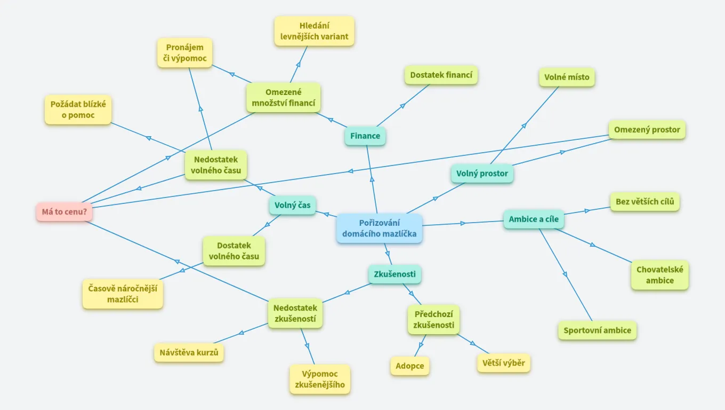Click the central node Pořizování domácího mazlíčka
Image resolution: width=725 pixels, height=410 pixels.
point(379,228)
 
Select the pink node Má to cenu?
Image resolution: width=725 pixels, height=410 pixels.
point(64,212)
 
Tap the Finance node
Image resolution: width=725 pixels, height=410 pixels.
point(365,136)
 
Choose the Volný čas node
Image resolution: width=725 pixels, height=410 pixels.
point(293,205)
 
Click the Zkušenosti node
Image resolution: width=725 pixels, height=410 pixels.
point(394,274)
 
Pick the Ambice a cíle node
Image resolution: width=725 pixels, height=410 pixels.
point(534,219)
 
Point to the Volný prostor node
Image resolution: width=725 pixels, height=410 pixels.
point(482,174)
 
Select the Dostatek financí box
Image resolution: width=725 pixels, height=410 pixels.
point(441,75)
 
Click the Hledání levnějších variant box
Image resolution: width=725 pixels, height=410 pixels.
point(315,31)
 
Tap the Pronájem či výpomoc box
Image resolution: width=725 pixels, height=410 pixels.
point(184,53)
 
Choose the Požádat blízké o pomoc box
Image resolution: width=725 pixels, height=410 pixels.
point(78,110)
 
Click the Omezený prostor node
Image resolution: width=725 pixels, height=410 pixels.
point(647,130)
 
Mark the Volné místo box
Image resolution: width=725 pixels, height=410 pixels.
point(567,77)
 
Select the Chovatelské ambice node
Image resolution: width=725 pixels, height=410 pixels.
point(659,275)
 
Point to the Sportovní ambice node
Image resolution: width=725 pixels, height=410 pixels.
point(597,330)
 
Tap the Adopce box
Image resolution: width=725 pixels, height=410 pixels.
point(410,366)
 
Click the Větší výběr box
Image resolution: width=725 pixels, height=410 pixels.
point(503,364)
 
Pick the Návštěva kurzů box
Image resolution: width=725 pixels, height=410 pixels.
point(189,353)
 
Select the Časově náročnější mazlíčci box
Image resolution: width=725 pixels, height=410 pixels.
point(123,294)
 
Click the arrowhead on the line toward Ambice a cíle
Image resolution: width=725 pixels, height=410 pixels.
point(463,223)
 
